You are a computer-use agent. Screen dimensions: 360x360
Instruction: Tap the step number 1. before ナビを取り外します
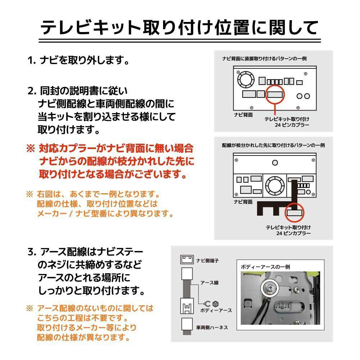coord(32,60)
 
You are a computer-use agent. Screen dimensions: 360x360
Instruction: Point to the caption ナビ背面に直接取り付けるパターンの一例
coord(265,58)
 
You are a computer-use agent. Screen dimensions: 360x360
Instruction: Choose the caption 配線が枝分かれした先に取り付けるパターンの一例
coord(273,145)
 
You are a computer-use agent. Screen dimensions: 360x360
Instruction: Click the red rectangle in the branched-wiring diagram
coord(296,212)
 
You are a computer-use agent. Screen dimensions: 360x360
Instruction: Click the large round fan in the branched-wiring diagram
coord(275,185)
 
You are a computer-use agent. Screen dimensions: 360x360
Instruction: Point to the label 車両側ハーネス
coord(212,328)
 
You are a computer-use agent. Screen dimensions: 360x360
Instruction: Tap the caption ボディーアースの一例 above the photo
coord(265,267)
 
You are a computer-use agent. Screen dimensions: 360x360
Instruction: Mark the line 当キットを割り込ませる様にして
coord(107,117)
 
